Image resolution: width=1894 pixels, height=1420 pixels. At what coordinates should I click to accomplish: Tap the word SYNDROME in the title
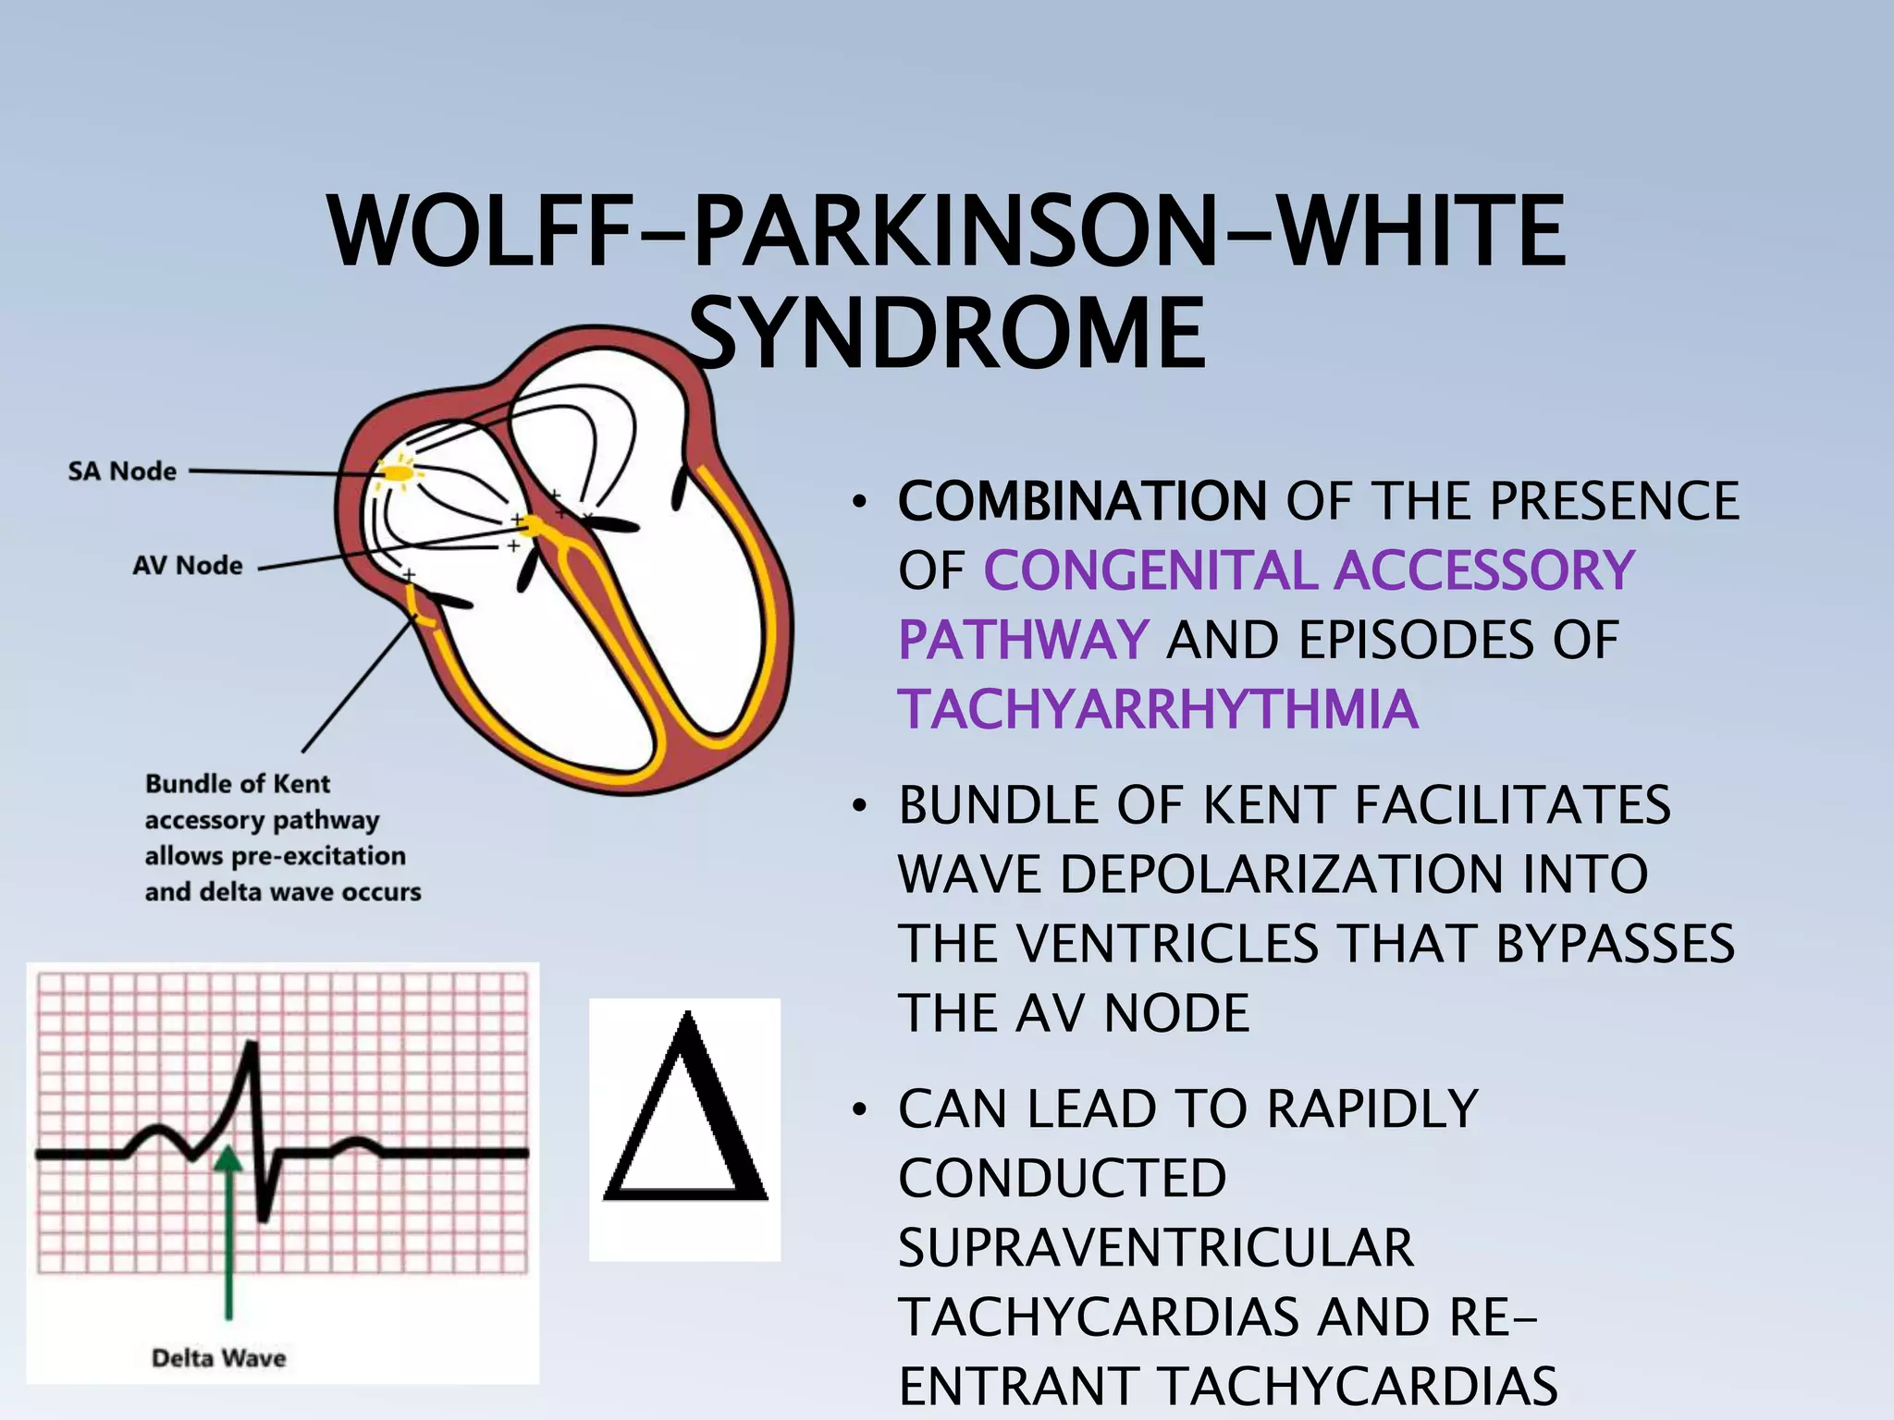947,333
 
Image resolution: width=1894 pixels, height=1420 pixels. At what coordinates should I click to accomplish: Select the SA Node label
122,471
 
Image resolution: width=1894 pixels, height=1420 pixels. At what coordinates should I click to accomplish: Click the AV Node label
188,565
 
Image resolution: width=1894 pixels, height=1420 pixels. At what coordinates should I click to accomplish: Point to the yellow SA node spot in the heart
399,473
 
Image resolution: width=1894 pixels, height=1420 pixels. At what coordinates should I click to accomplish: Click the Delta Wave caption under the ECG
218,1358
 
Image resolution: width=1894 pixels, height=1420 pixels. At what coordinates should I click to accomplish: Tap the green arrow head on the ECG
228,1158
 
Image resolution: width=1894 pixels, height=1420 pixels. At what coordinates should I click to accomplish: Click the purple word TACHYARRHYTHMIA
1158,709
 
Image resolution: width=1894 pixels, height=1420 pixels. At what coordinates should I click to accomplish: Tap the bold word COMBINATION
1082,501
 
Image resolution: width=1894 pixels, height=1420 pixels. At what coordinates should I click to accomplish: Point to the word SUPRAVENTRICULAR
1156,1247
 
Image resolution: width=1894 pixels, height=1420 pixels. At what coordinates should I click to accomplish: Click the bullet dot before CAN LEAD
860,1109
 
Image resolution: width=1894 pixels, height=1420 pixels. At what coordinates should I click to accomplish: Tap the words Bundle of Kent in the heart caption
238,784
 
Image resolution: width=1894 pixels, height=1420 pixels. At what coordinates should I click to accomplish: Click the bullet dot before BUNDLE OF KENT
860,805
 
